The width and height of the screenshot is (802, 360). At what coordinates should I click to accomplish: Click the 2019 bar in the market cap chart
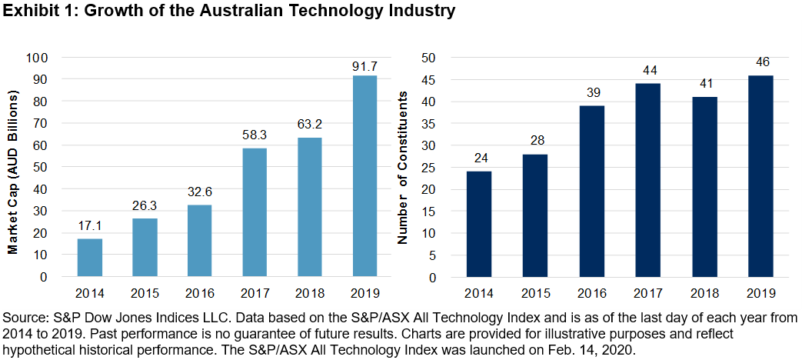pos(364,176)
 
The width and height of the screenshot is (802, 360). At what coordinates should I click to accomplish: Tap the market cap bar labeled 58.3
pos(254,212)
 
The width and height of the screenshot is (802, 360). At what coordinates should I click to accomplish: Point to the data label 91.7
pos(364,65)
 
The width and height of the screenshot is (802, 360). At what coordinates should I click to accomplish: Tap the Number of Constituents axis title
pos(402,167)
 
